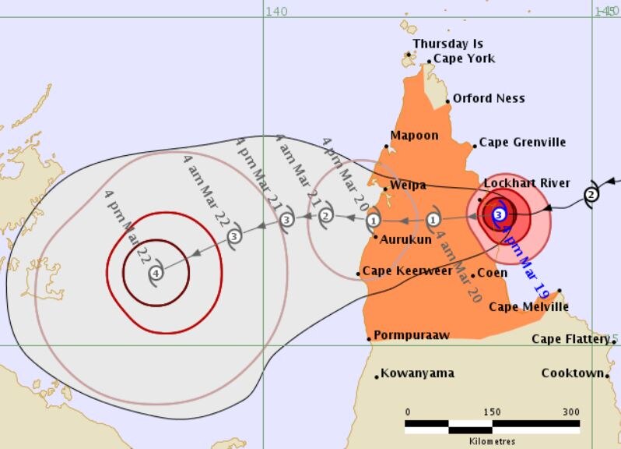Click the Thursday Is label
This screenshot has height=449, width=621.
click(x=447, y=44)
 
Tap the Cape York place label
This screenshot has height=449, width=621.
click(x=464, y=58)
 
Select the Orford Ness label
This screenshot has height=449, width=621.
click(x=489, y=98)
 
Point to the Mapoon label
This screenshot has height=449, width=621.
click(x=414, y=136)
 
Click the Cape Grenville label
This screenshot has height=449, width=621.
click(x=522, y=142)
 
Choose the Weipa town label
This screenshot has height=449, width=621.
click(x=408, y=186)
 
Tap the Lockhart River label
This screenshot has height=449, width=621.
click(x=527, y=183)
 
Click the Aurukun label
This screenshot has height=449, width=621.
click(x=405, y=239)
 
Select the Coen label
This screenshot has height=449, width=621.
click(x=492, y=273)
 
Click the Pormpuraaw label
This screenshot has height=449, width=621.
click(x=412, y=336)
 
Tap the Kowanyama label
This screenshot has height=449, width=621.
click(x=417, y=373)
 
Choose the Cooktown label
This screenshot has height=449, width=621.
click(x=572, y=373)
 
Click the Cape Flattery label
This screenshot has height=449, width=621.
click(x=570, y=339)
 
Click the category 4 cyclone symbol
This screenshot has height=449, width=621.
click(x=156, y=273)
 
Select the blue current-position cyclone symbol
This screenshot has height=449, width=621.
click(x=500, y=214)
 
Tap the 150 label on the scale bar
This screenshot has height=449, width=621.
click(x=492, y=412)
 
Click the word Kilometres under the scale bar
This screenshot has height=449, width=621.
click(x=492, y=441)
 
